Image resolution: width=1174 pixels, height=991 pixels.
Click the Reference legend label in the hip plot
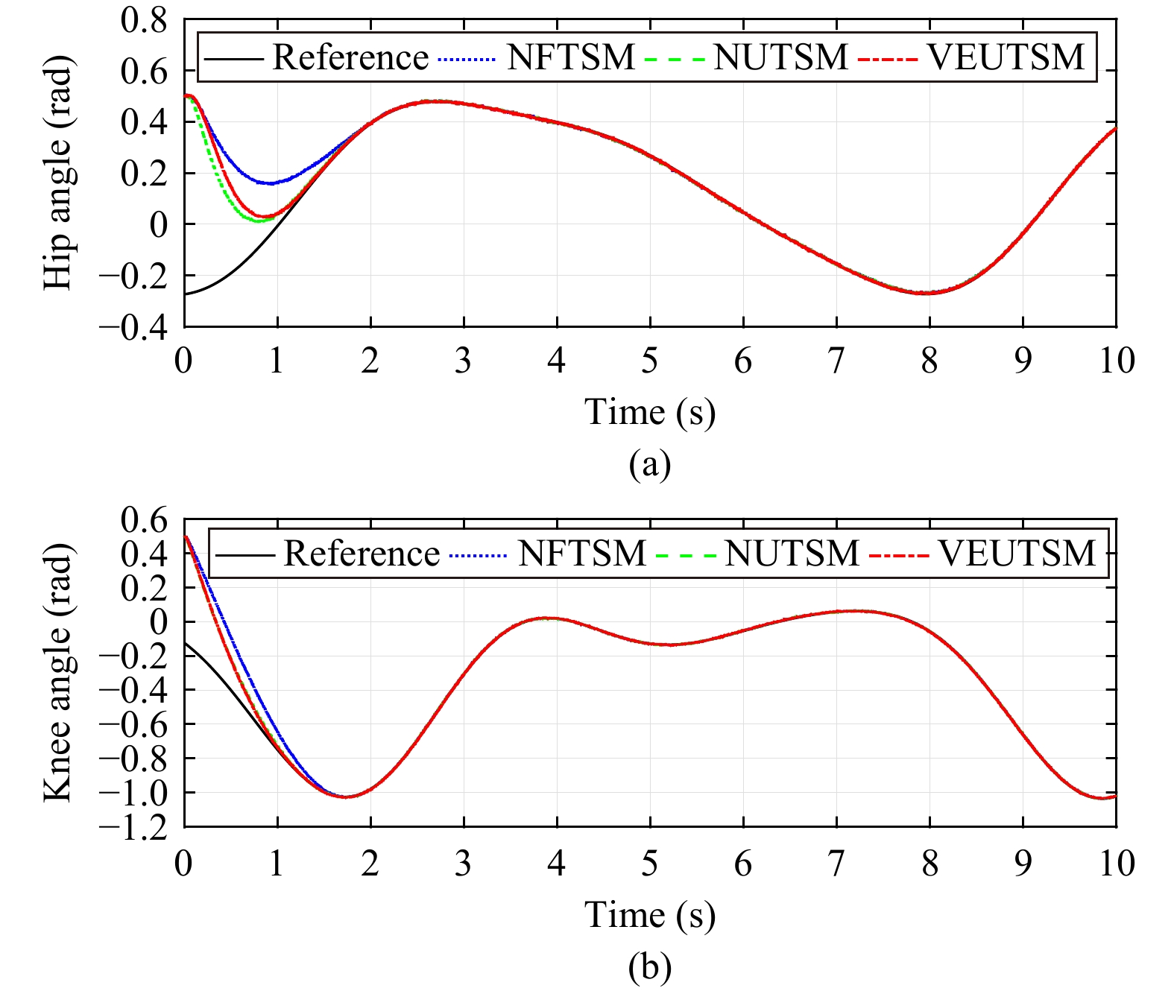point(350,57)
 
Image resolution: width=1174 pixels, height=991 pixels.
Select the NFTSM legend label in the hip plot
point(570,57)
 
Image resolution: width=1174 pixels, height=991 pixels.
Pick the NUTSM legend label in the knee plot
point(792,554)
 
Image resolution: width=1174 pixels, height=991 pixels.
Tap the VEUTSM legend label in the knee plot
point(1017,554)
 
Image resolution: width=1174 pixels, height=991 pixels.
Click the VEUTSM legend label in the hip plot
point(1006,57)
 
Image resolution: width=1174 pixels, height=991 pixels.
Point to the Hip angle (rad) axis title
point(58,173)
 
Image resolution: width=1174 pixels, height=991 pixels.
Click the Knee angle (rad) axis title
point(58,672)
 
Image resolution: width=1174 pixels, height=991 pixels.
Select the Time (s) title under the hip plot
point(649,413)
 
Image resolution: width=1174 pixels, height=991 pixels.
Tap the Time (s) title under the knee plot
point(649,915)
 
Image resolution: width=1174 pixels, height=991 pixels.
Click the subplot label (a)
point(649,464)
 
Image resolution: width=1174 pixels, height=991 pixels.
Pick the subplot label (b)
point(649,967)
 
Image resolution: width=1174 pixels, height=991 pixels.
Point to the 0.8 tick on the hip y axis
point(145,21)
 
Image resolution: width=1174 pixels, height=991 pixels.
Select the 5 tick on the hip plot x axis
point(650,361)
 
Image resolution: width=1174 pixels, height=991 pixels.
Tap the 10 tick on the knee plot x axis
point(1116,864)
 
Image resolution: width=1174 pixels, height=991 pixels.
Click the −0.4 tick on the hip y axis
point(134,327)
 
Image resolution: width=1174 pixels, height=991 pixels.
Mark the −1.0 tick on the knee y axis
point(134,793)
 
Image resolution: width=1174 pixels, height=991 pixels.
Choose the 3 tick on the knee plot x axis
point(464,864)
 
